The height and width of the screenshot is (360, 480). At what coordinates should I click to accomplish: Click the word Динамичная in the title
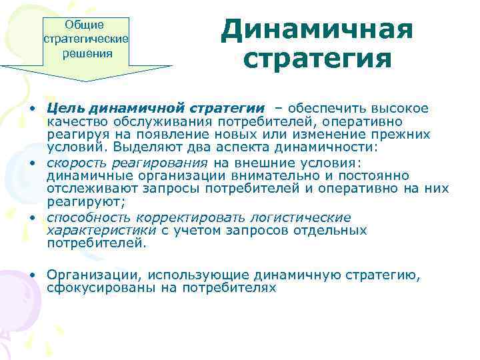[x=317, y=29]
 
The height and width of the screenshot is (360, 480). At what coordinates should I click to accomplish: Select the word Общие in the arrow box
[x=84, y=25]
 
